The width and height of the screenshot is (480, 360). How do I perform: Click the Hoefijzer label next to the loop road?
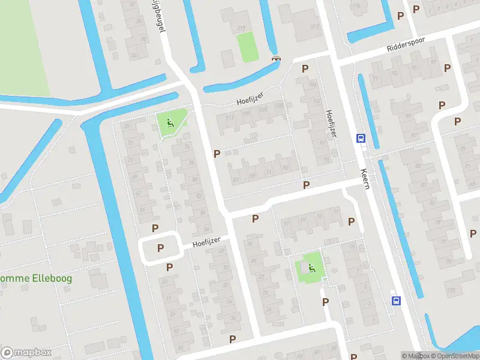tap(206, 242)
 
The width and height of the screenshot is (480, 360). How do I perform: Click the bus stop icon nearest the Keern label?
tap(361, 139)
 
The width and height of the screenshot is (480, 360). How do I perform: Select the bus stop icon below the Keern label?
tap(396, 301)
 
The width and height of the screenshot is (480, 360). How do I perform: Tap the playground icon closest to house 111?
tap(170, 124)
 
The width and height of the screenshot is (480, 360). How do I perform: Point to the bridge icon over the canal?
tap(276, 58)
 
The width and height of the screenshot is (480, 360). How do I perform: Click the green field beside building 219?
tap(247, 47)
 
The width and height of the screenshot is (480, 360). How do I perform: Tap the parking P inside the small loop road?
tap(160, 248)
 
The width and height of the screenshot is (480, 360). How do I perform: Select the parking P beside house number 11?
tap(351, 221)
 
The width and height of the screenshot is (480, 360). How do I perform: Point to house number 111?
tap(230, 117)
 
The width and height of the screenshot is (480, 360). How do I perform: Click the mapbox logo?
tap(26, 352)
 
